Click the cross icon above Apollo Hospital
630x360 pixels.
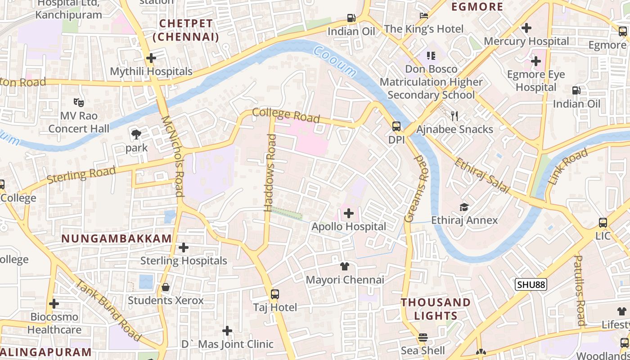click(x=349, y=213)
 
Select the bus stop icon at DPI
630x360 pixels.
click(x=396, y=126)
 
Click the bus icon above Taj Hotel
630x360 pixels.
click(x=275, y=294)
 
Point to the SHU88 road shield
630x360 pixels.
click(x=531, y=284)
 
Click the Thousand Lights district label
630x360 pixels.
click(x=436, y=309)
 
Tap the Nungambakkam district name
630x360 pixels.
click(x=117, y=238)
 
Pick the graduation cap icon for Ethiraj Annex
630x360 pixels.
click(x=464, y=207)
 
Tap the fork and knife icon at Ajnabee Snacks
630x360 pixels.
click(x=454, y=116)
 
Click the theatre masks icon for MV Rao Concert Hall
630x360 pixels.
click(x=79, y=103)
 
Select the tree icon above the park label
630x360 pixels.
click(x=136, y=134)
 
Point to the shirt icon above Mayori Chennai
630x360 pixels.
click(x=345, y=266)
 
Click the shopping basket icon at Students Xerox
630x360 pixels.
click(x=166, y=287)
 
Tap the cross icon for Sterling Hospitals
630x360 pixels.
click(x=184, y=247)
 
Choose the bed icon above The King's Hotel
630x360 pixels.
click(x=423, y=16)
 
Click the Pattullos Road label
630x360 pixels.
click(x=580, y=290)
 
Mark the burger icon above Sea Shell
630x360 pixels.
click(x=423, y=337)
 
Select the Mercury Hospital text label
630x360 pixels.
click(x=526, y=41)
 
